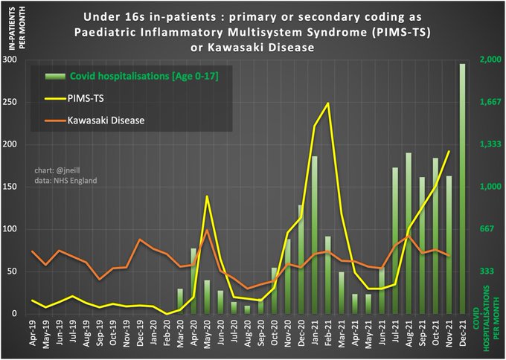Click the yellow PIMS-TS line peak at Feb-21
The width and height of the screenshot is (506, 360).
[328, 103]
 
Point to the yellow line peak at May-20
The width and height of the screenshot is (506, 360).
[207, 196]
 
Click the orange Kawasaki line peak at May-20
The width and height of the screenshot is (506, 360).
[207, 231]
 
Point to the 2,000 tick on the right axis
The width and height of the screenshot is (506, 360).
[489, 60]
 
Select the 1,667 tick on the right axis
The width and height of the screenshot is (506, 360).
[489, 103]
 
